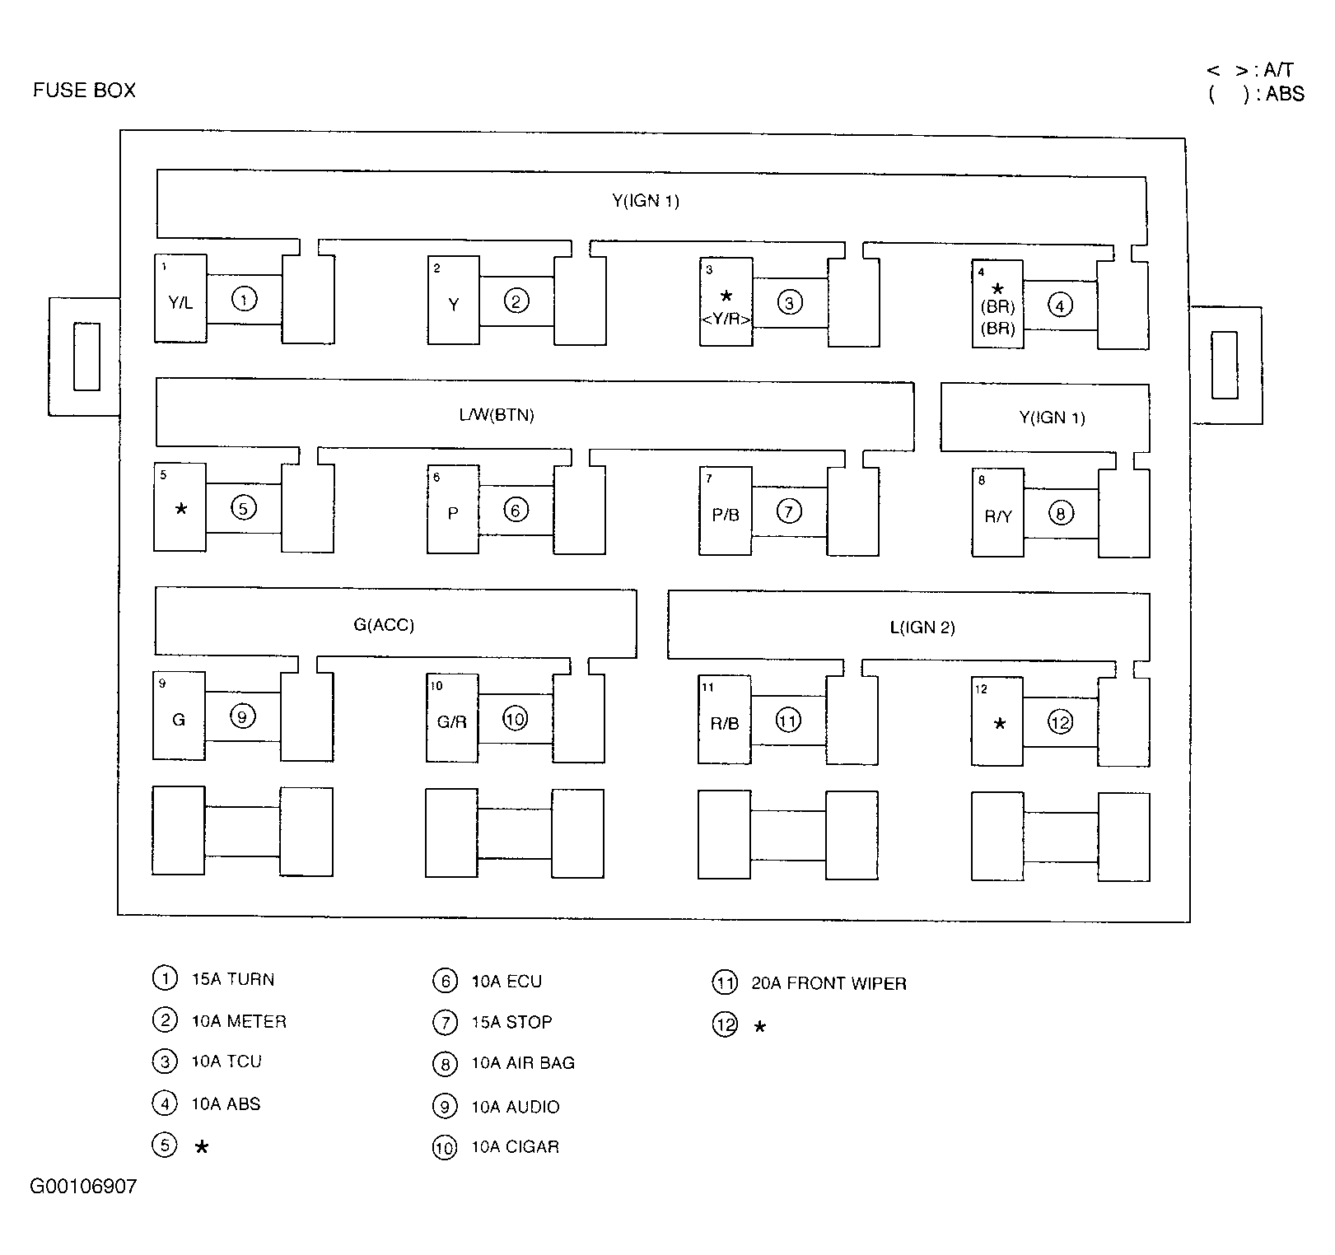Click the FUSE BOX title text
pyautogui.click(x=84, y=90)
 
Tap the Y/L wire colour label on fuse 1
pyautogui.click(x=180, y=303)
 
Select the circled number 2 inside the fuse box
pyautogui.click(x=516, y=301)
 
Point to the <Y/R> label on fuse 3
pyautogui.click(x=726, y=319)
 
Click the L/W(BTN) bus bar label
pyautogui.click(x=497, y=415)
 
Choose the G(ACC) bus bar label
pyautogui.click(x=384, y=625)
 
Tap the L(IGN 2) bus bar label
pyautogui.click(x=922, y=627)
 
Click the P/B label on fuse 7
pyautogui.click(x=726, y=515)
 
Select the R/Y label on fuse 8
pyautogui.click(x=998, y=517)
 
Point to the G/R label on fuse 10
pyautogui.click(x=451, y=722)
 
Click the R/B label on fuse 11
pyautogui.click(x=725, y=724)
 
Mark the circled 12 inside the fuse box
pyautogui.click(x=1061, y=722)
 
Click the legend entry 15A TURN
pyautogui.click(x=233, y=979)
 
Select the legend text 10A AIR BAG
pyautogui.click(x=523, y=1063)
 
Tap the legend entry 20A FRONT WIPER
pyautogui.click(x=829, y=983)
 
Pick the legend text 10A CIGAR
pyautogui.click(x=515, y=1147)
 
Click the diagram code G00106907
pyautogui.click(x=83, y=1187)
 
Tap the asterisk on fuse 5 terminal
pyautogui.click(x=181, y=509)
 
